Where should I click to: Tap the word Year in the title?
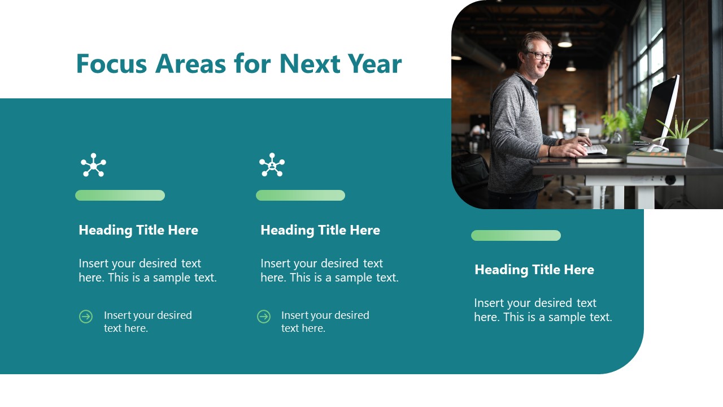click(374, 64)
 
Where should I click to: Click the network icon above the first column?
click(93, 165)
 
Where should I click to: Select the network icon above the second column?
click(272, 165)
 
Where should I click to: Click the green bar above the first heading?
click(120, 196)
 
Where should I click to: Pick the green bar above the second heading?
click(300, 196)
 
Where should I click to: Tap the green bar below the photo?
click(516, 236)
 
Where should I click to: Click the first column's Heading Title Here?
click(138, 230)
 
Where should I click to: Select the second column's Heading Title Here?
click(320, 230)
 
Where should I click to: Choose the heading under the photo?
click(534, 270)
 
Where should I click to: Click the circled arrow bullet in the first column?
click(86, 317)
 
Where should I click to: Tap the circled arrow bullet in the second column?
click(264, 317)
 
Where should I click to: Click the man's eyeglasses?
click(539, 55)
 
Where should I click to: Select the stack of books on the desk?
click(655, 159)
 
